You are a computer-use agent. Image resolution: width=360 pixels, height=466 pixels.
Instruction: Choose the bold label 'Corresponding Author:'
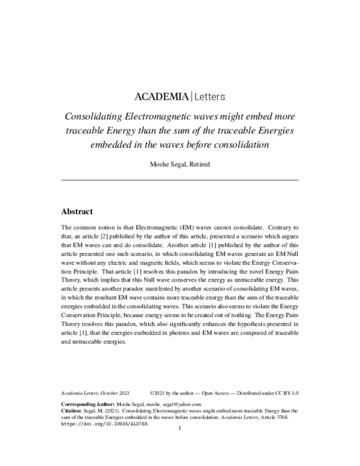86,405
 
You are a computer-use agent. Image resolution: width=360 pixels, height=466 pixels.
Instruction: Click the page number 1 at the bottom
180,431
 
